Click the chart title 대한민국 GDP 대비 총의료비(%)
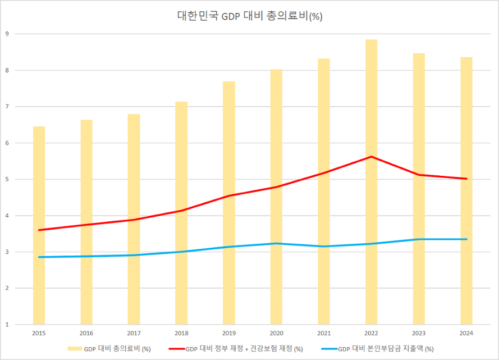coord(249,16)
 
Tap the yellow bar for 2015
coord(39,225)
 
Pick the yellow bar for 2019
coord(228,202)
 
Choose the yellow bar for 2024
coord(466,191)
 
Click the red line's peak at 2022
coord(372,157)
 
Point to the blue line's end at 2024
coord(466,239)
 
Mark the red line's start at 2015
coord(39,230)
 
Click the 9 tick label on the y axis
coord(7,34)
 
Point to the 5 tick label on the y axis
coord(7,179)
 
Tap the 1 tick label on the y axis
coord(7,325)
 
